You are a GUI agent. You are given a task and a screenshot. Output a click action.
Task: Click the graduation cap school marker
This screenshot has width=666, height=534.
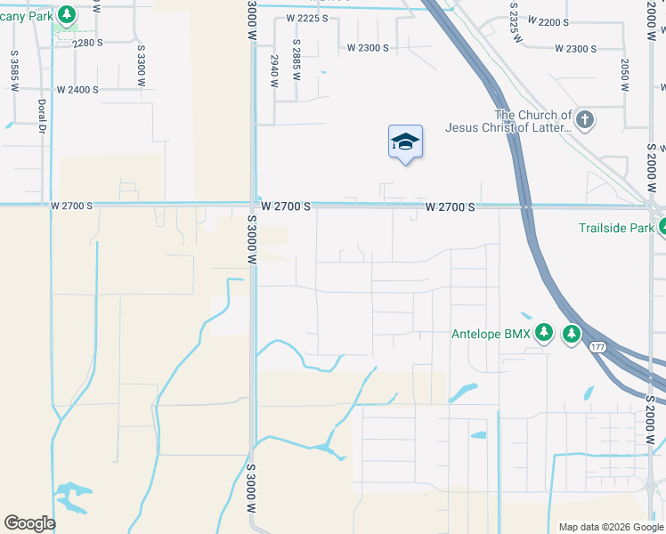click(405, 142)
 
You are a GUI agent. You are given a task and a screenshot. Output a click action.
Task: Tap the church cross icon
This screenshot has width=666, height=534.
click(584, 120)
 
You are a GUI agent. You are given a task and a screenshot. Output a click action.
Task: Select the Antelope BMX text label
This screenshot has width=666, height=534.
click(491, 334)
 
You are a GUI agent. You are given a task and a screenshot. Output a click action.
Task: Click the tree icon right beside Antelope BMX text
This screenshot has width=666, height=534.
click(544, 334)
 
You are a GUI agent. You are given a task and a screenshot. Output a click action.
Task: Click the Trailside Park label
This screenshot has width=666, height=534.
click(615, 228)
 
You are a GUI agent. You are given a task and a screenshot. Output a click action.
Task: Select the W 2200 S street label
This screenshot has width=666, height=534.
click(548, 21)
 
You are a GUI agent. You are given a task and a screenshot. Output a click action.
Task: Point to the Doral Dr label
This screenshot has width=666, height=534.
click(42, 115)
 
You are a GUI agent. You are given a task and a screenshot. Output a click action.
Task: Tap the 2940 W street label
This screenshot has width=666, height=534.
click(274, 69)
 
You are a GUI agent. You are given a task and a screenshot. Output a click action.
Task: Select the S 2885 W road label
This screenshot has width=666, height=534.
click(296, 55)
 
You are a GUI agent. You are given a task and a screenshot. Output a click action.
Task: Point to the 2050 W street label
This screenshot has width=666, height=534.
click(625, 75)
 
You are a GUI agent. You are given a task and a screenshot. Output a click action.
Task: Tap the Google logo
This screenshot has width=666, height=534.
click(29, 523)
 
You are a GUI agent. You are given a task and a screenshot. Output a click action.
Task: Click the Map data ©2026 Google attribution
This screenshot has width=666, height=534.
click(610, 527)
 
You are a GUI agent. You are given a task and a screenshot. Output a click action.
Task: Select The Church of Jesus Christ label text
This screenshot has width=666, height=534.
click(533, 121)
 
